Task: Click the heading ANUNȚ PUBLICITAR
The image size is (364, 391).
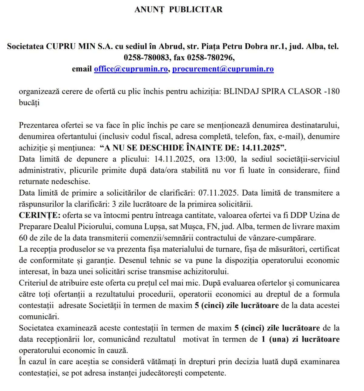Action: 178,9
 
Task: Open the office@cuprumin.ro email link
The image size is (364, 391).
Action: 131,69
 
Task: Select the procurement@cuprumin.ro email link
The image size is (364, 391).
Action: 223,69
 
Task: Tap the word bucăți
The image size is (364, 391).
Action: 29,103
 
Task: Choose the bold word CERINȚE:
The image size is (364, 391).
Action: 40,215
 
